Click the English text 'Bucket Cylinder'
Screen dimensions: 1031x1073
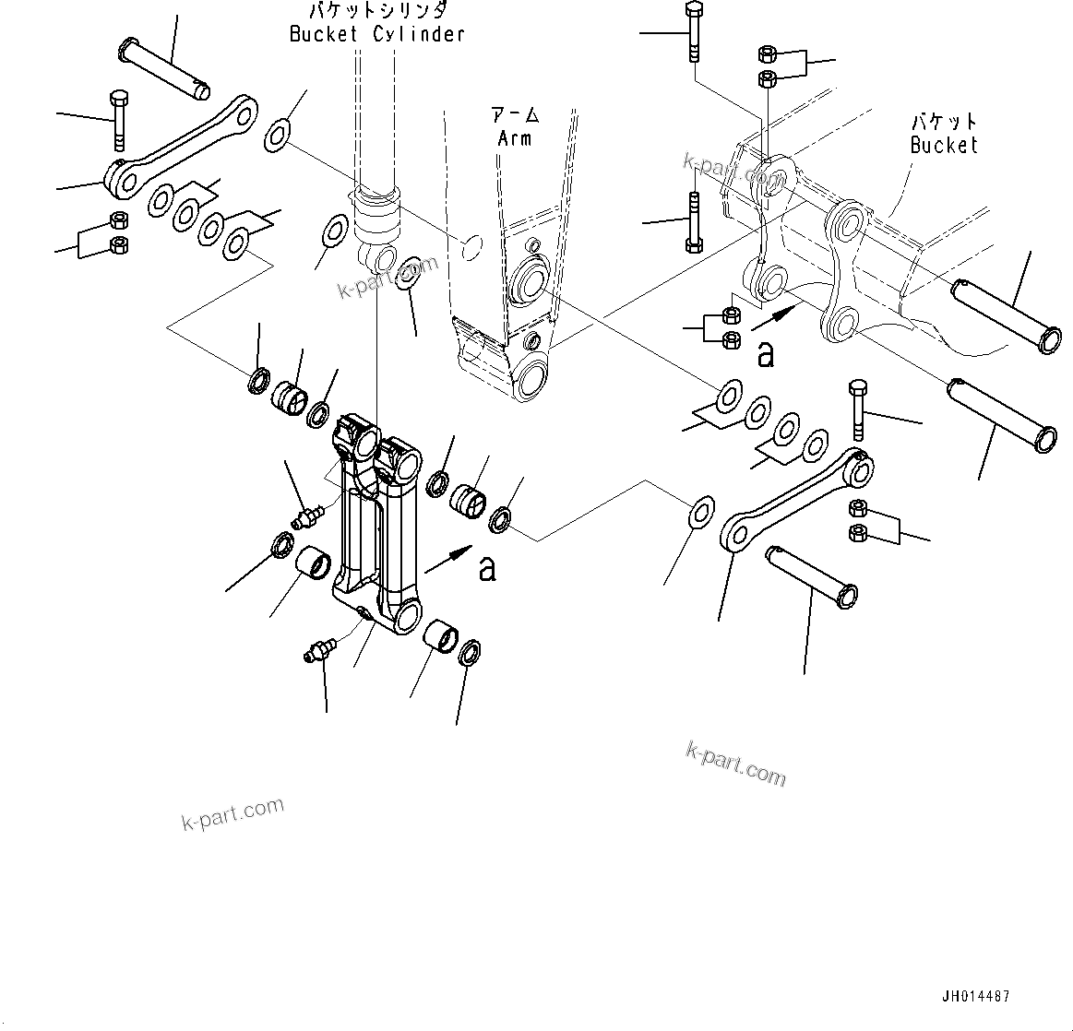[x=376, y=34]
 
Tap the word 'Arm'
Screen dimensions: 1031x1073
[x=515, y=138]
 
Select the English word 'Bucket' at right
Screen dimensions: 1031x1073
[x=943, y=145]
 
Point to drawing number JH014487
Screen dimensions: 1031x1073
[x=975, y=997]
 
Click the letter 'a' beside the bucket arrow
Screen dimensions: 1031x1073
[x=765, y=354]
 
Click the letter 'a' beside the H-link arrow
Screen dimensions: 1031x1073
[x=487, y=568]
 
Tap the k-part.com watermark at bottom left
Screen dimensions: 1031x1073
[x=232, y=814]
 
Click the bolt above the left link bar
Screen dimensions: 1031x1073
[x=119, y=120]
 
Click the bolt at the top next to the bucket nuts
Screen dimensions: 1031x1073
[x=693, y=31]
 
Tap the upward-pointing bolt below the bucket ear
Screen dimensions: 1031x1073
[x=693, y=221]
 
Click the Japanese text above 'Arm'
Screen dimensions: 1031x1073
[x=515, y=116]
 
